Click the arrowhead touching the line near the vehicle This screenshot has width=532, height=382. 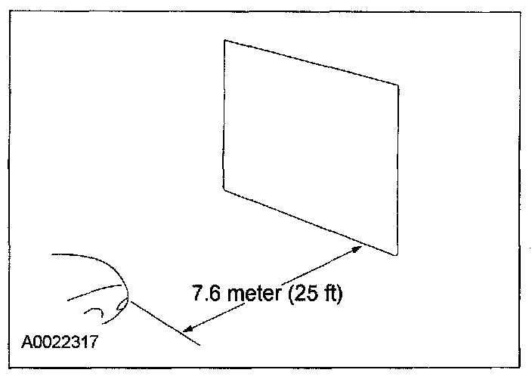[x=190, y=328]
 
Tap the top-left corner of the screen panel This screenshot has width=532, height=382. [x=224, y=40]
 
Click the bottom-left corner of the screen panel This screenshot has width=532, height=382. [x=224, y=187]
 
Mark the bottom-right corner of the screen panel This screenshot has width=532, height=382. [x=397, y=254]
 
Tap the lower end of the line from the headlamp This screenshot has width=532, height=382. [x=199, y=345]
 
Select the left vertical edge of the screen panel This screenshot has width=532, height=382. [x=224, y=113]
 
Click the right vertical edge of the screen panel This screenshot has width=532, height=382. [x=398, y=170]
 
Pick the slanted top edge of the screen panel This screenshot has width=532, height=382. [x=311, y=63]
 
